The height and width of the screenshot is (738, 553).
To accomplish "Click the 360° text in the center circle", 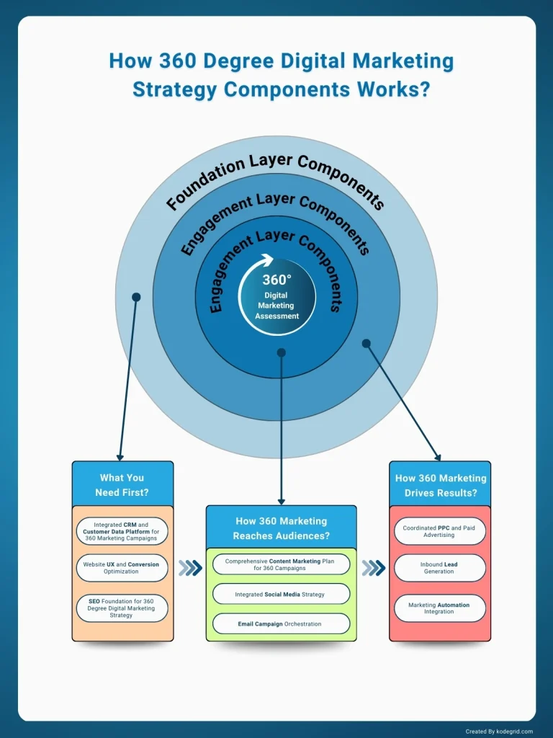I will [x=276, y=280].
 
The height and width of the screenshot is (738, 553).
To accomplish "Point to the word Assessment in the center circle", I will [x=276, y=316].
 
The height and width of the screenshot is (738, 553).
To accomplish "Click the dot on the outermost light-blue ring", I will [x=136, y=296].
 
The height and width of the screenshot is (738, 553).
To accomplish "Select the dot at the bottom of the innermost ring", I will [x=282, y=353].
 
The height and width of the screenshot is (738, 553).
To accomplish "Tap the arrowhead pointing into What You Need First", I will [x=120, y=455].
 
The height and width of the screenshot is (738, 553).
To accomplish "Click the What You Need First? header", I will [x=122, y=485].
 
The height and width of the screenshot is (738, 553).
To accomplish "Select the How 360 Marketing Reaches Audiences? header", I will [x=282, y=528].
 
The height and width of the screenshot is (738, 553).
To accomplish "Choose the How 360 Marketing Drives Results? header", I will [x=440, y=485].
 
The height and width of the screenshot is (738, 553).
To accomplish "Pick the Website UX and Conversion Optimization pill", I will [x=122, y=568].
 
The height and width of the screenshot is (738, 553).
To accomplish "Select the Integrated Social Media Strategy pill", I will [x=281, y=595].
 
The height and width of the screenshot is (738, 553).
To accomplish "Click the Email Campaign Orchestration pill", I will [x=281, y=623].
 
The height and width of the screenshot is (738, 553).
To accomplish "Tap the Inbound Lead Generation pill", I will [x=439, y=568].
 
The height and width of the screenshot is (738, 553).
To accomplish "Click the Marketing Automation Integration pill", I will [x=439, y=608].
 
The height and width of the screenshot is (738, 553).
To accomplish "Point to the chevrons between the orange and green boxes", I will [x=190, y=568].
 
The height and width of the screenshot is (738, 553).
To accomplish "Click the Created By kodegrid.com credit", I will [x=499, y=731].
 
